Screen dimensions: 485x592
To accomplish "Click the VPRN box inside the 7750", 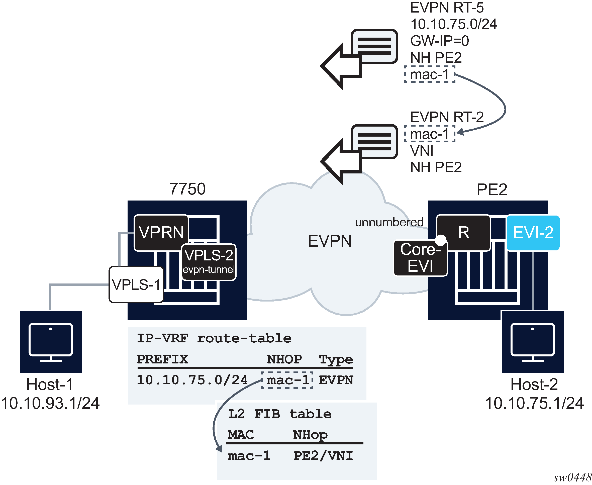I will point(161,232).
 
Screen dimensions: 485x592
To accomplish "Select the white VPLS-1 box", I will point(136,284).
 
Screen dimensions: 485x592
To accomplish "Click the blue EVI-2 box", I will point(533,232).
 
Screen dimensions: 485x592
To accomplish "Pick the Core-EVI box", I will point(420,258).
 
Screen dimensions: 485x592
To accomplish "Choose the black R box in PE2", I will point(463,232).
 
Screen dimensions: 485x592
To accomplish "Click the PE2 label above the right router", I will point(491,189).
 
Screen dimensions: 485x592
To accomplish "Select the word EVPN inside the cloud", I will point(329,241).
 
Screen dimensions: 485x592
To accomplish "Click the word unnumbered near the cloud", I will point(389,222).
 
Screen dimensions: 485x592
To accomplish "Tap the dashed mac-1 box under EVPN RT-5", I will point(429,74).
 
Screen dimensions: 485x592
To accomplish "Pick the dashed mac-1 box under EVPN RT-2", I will point(429,134).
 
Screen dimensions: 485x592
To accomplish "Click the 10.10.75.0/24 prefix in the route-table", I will point(192,380).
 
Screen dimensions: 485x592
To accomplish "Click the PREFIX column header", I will point(163,359).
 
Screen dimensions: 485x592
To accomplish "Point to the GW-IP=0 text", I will point(439,41).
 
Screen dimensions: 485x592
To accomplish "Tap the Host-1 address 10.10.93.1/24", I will point(50,403).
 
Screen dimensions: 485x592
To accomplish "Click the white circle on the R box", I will point(441,240).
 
